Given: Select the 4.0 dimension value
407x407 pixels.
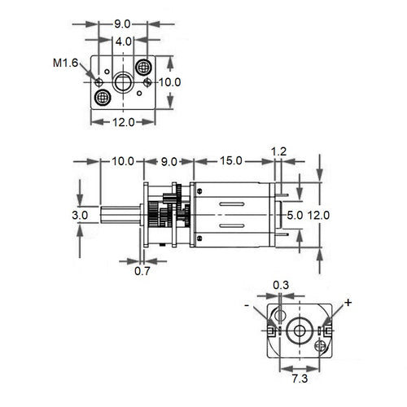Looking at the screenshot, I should pyautogui.click(x=123, y=41).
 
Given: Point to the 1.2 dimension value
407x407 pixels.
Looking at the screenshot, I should pyautogui.click(x=278, y=151).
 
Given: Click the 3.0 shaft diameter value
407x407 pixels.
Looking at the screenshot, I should pyautogui.click(x=80, y=216).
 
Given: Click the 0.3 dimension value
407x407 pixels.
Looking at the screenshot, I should pyautogui.click(x=280, y=284).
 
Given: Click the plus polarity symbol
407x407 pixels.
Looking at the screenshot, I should pyautogui.click(x=348, y=303).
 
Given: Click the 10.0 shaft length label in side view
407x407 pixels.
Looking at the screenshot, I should pyautogui.click(x=122, y=161).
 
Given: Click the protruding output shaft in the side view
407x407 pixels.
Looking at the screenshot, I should pyautogui.click(x=122, y=216).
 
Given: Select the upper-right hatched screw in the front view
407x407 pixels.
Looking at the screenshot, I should pyautogui.click(x=143, y=68).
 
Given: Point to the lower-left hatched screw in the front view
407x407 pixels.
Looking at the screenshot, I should pyautogui.click(x=103, y=98).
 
